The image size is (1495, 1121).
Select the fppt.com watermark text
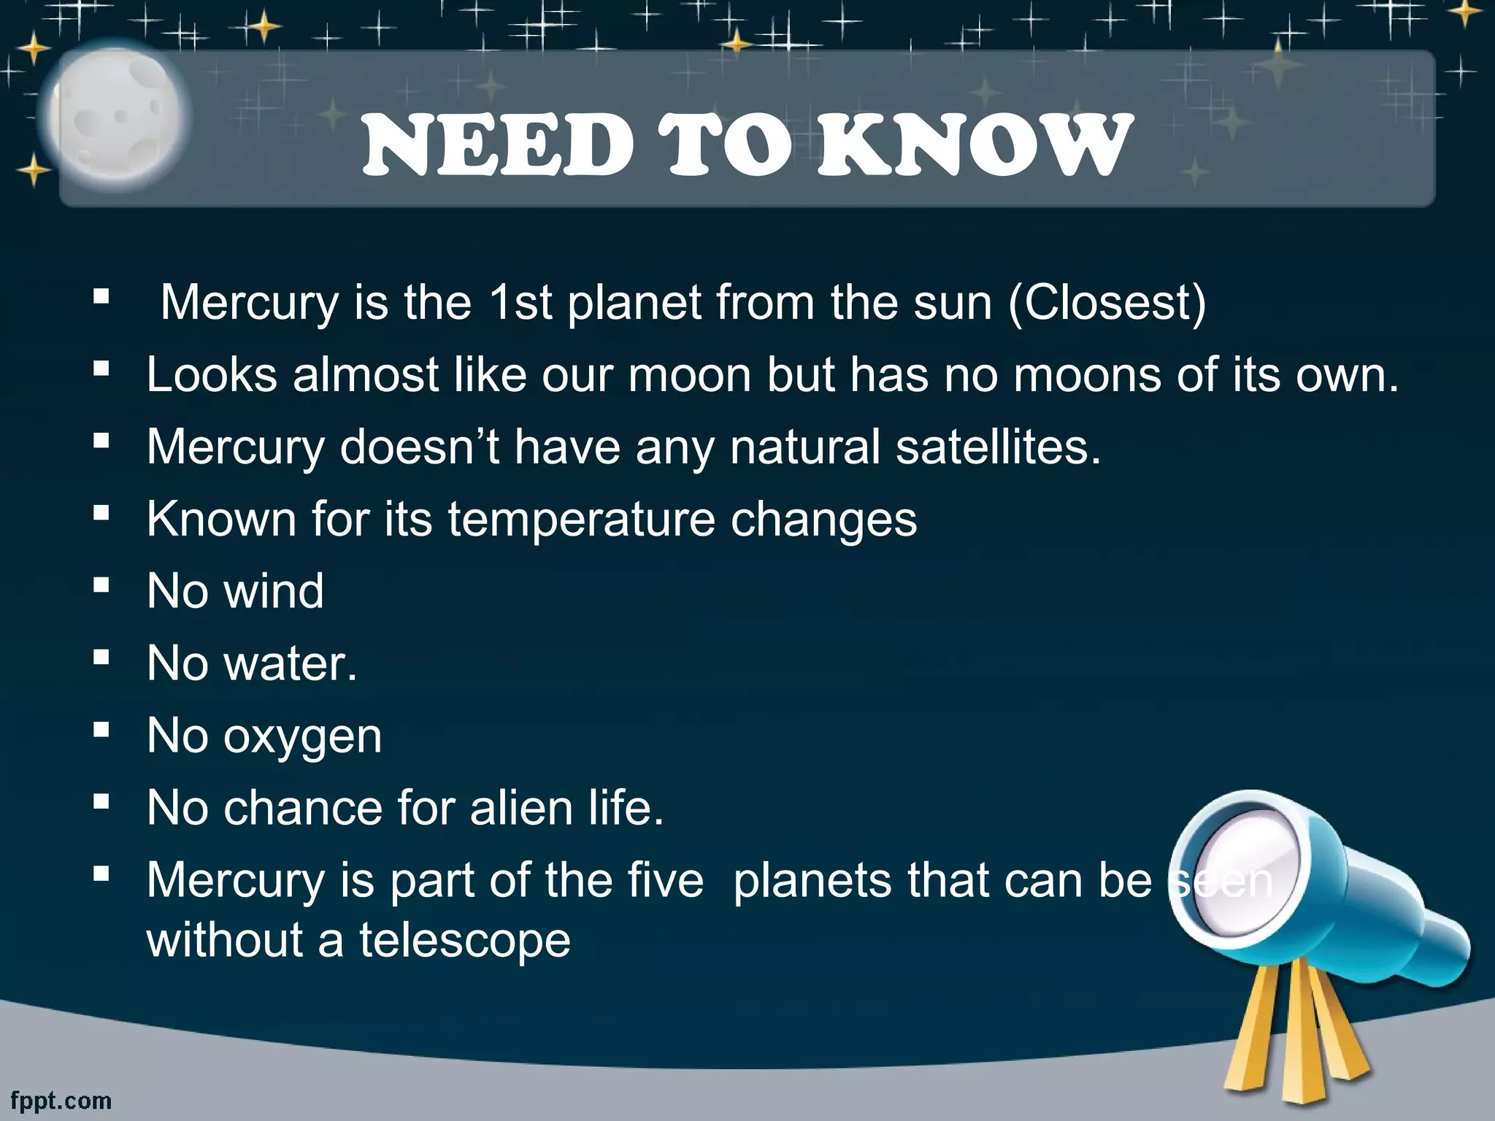(x=61, y=1100)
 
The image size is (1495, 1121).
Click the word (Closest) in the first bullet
(x=1107, y=302)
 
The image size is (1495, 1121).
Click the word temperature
(x=581, y=519)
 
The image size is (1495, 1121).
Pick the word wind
(x=273, y=590)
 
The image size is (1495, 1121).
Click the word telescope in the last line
(x=465, y=940)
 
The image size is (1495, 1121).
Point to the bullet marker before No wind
(x=101, y=584)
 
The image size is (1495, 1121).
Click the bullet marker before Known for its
(x=101, y=512)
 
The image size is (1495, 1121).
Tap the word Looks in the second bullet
(x=212, y=375)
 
